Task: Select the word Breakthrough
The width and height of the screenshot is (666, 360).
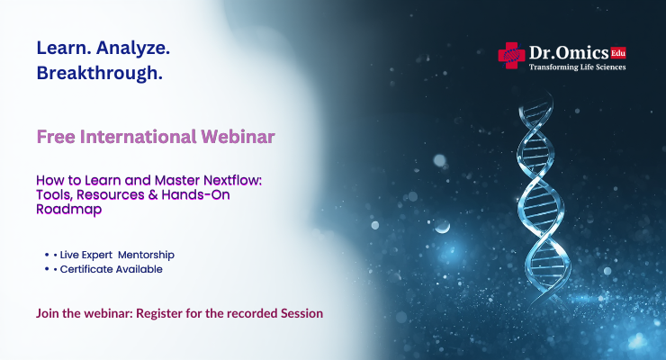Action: [100, 74]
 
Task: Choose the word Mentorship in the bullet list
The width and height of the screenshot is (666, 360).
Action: [148, 256]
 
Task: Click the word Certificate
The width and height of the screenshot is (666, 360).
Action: [87, 268]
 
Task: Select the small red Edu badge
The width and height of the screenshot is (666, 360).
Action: [617, 51]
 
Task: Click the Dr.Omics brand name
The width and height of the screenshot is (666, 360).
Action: [568, 53]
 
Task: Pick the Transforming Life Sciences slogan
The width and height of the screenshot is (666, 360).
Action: [577, 67]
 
